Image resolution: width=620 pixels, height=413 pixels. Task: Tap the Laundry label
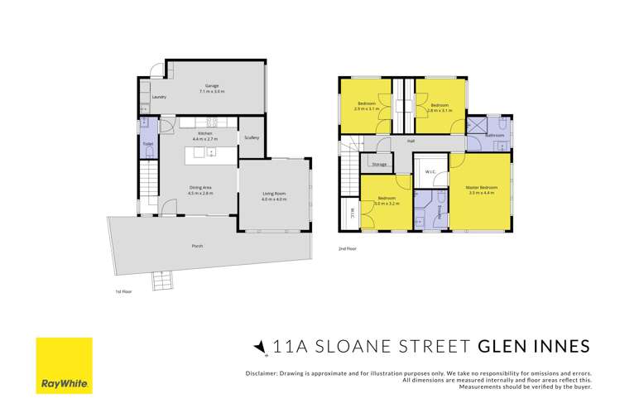tap(160, 98)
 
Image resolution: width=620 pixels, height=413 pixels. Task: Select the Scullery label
tap(252, 137)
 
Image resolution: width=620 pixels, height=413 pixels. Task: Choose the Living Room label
tap(273, 196)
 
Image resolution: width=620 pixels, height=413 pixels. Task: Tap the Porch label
tap(197, 246)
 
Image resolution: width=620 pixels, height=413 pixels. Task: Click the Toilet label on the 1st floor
tap(147, 142)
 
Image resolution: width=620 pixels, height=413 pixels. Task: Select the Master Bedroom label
tap(480, 190)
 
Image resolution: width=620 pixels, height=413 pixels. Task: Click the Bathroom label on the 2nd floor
tap(495, 135)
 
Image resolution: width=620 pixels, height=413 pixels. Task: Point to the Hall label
tap(411, 141)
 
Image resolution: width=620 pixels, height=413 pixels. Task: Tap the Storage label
tap(379, 165)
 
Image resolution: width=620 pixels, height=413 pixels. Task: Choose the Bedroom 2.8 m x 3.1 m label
tap(439, 107)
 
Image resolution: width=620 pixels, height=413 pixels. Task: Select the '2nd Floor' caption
tap(348, 247)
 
